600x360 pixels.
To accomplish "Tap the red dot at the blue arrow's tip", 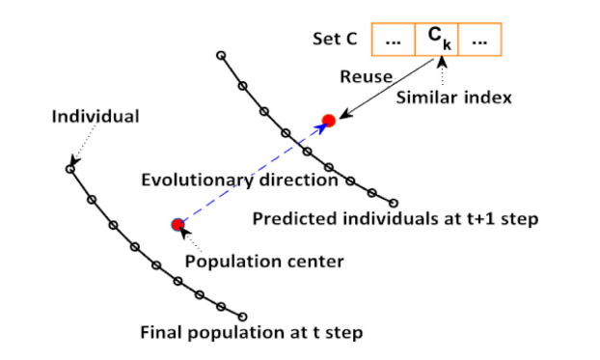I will pos(328,121).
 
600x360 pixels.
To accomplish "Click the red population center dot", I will pos(177,225).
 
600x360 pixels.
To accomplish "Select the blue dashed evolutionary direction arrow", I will pos(253,173).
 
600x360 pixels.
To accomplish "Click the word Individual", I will pos(95,117).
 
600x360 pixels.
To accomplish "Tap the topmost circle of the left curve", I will pos(69,169).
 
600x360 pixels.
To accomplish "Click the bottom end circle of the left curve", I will pos(242,316).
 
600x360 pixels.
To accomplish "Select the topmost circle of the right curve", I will pos(221,55).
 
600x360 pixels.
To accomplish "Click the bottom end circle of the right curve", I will pos(394,203).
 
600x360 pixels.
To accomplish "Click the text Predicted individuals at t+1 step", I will pos(395,218).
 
